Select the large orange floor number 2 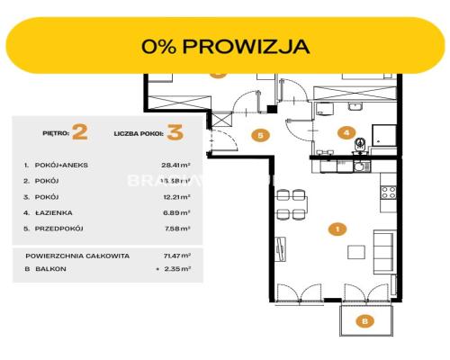(79, 133)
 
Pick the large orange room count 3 (175, 133)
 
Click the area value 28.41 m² (177, 166)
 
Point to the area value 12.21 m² (177, 196)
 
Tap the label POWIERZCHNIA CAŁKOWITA (76, 256)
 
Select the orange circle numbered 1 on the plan (336, 229)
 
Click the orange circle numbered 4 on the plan (346, 132)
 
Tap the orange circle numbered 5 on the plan (259, 136)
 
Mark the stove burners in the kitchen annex (390, 192)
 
